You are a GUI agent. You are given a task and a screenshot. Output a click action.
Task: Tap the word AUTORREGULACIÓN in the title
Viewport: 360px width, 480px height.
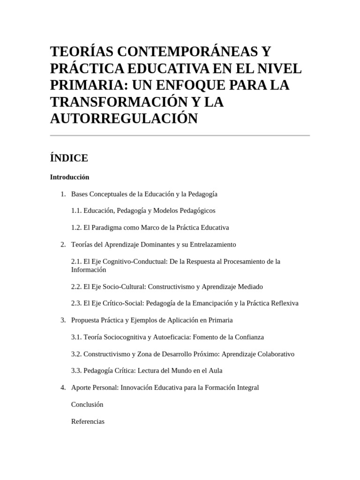[124, 119]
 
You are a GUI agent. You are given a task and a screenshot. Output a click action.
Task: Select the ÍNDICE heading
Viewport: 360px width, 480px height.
[69, 158]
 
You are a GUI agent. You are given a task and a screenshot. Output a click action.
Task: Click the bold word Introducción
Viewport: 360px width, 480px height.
[69, 177]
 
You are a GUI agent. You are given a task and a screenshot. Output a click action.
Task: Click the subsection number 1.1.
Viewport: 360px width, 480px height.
[76, 210]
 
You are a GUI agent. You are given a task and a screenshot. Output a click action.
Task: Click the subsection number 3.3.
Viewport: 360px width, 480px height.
[76, 371]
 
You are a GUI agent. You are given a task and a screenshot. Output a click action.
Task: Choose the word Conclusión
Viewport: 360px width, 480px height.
[87, 405]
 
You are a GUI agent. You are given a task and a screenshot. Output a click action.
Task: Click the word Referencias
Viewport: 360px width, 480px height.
[88, 421]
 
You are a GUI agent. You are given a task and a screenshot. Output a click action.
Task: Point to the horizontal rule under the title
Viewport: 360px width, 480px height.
[180, 135]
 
